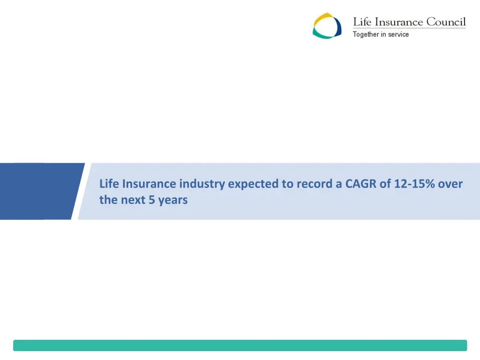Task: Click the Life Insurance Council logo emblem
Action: (x=327, y=26)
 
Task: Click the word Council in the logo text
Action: (x=446, y=22)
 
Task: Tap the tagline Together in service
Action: (x=381, y=34)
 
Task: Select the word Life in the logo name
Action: (x=361, y=22)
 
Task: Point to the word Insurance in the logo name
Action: (x=398, y=22)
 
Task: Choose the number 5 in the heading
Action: (x=151, y=200)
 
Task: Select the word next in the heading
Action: (x=133, y=200)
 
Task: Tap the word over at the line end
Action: (x=450, y=184)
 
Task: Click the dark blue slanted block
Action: (x=40, y=191)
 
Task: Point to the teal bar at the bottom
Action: (x=240, y=345)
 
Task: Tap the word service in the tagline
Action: (x=398, y=34)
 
